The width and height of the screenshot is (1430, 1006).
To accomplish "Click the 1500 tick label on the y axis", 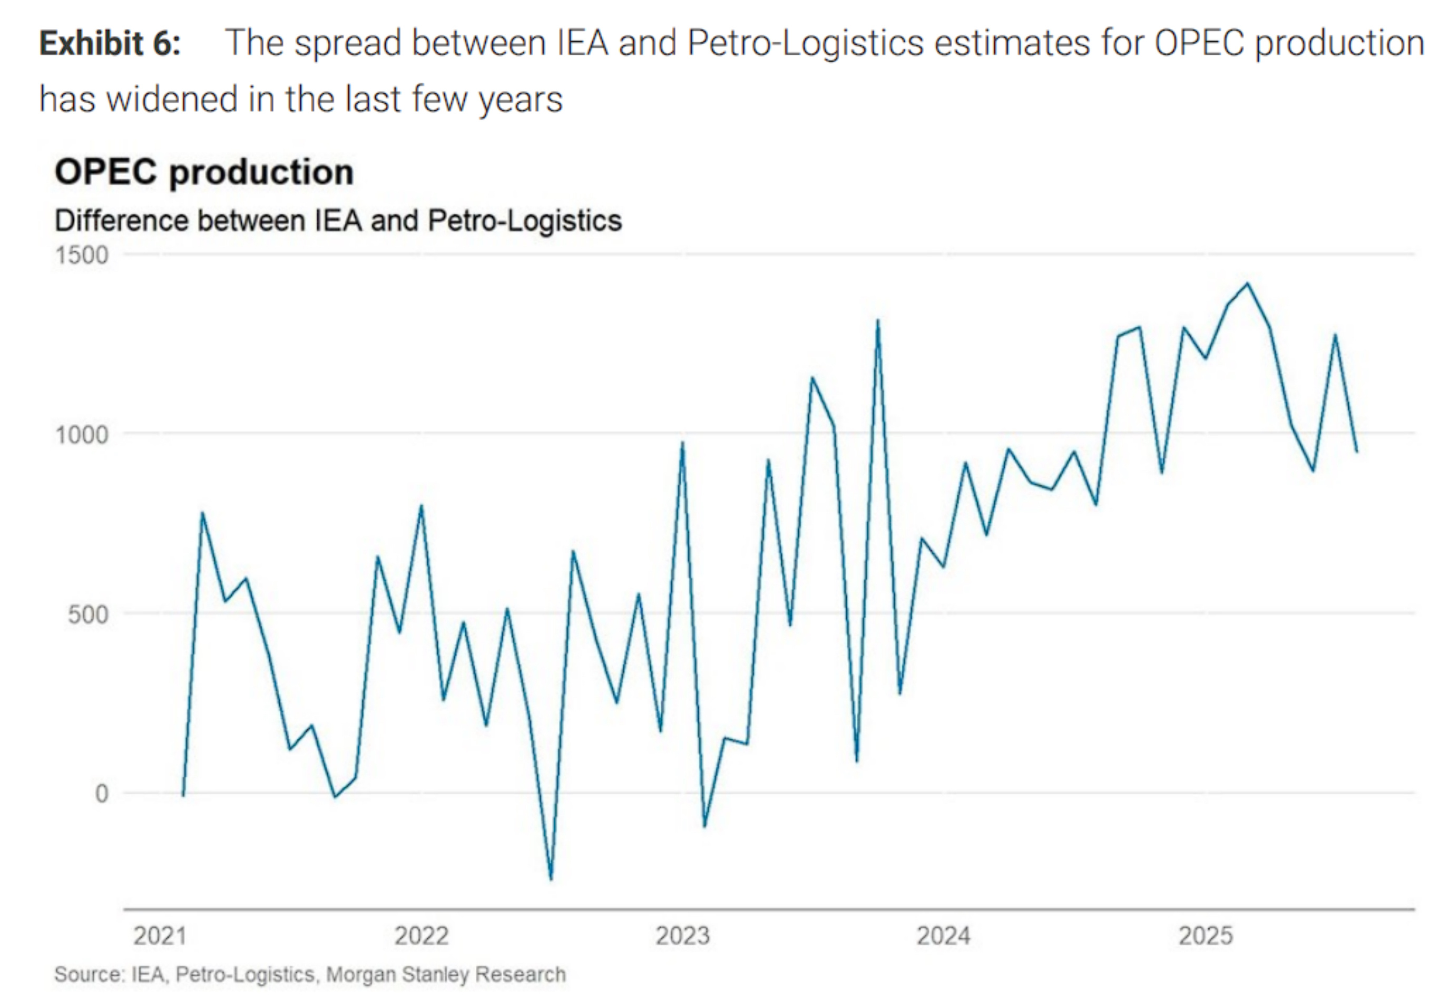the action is (82, 256).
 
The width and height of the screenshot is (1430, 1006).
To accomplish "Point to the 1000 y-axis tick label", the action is (82, 435).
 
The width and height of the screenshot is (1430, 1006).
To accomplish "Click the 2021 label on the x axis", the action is (160, 935).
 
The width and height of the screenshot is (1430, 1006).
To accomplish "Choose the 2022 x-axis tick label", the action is (422, 935).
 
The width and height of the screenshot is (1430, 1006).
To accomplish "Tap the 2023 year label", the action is (683, 935).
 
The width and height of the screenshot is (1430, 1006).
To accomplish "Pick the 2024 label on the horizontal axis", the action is (944, 935).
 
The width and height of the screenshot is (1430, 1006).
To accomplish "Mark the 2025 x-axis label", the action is (1206, 935).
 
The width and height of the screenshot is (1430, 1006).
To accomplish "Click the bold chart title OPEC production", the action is (204, 172).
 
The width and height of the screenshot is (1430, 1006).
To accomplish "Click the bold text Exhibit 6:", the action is (110, 44).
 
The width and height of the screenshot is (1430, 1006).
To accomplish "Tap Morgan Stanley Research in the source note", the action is (446, 974).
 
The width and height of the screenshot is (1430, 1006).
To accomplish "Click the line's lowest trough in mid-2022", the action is (551, 879).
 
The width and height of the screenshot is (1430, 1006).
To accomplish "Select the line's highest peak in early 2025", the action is (1248, 284).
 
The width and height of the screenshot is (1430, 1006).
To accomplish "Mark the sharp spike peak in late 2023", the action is (878, 321).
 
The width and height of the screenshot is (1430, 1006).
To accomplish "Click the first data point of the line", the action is (183, 795).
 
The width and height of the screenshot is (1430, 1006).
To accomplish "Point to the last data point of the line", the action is (1357, 452).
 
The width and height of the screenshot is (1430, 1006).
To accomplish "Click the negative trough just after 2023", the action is (704, 827).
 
